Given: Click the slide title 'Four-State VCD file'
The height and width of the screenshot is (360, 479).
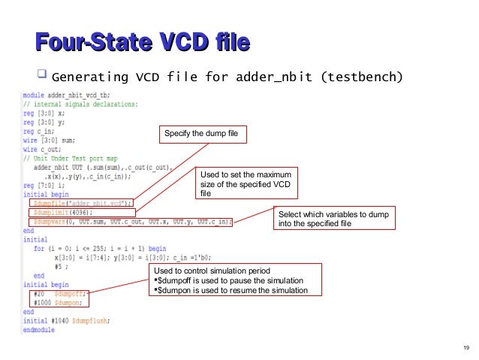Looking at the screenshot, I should pos(143,42).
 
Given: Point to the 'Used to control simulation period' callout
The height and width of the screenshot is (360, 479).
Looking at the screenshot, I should pos(235,280).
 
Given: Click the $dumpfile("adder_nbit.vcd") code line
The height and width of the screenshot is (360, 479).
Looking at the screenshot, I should pos(82,202).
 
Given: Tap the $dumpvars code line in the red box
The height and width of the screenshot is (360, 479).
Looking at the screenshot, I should pos(131,222).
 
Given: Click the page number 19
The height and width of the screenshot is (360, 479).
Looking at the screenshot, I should pos(466,347).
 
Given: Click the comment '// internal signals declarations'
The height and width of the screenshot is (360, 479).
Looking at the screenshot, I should pos(77,104).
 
